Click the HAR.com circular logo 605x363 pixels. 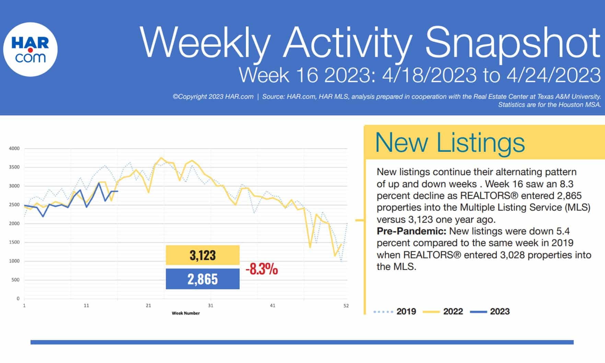pyautogui.click(x=30, y=49)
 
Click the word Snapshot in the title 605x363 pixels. pyautogui.click(x=513, y=43)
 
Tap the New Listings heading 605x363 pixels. pyautogui.click(x=450, y=142)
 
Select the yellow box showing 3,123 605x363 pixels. pyautogui.click(x=202, y=255)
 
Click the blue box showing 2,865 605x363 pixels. pyautogui.click(x=202, y=279)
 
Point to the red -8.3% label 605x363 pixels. pyautogui.click(x=261, y=269)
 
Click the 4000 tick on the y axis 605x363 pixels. pyautogui.click(x=14, y=149)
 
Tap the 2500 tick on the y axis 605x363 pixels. pyautogui.click(x=14, y=205)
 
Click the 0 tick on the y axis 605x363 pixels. pyautogui.click(x=18, y=298)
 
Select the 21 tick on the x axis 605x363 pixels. pyautogui.click(x=148, y=305)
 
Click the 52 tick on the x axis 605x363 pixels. pyautogui.click(x=346, y=305)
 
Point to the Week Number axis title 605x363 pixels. pyautogui.click(x=186, y=313)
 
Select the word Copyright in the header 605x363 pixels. pyautogui.click(x=192, y=97)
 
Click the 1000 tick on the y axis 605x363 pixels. pyautogui.click(x=14, y=261)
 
